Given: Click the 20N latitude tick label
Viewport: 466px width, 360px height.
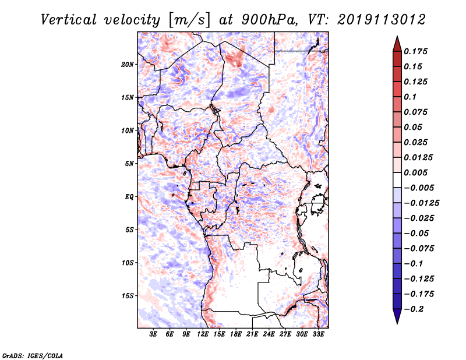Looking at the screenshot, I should pyautogui.click(x=128, y=64).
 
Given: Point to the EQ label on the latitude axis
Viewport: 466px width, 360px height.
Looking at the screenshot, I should pyautogui.click(x=129, y=197).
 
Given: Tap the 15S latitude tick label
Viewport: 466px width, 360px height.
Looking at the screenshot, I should pyautogui.click(x=128, y=296).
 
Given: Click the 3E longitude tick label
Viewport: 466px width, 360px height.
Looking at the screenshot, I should pyautogui.click(x=153, y=335).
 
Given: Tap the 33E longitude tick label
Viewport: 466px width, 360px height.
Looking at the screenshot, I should pyautogui.click(x=319, y=335).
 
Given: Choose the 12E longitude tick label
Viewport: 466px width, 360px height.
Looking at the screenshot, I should pyautogui.click(x=203, y=335).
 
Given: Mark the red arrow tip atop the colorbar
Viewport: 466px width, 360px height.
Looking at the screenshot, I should pyautogui.click(x=396, y=39).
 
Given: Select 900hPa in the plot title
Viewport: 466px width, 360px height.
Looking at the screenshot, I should pyautogui.click(x=266, y=19).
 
